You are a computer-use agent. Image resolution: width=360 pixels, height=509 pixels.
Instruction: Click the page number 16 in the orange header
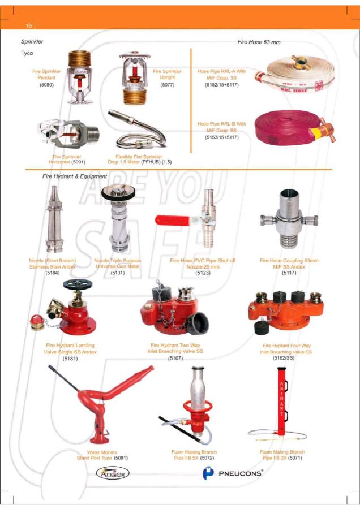coord(29,25)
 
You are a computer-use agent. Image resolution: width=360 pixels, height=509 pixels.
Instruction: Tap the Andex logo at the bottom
coord(113,473)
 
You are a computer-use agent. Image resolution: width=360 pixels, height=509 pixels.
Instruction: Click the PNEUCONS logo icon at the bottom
coord(208,473)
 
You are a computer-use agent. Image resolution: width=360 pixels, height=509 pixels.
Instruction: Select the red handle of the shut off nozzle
coord(173,221)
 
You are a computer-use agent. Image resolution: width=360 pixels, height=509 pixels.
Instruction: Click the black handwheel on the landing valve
coord(78,284)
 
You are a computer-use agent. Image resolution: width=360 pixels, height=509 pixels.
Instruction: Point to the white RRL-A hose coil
coord(295,74)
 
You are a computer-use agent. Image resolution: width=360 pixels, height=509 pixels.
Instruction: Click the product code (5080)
coord(46,85)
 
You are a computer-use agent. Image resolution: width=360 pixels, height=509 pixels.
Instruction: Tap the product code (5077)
coord(168,85)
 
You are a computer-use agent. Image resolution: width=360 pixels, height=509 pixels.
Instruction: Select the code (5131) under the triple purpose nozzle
coord(117,273)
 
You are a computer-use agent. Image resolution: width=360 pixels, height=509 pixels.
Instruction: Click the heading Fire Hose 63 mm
coord(259,42)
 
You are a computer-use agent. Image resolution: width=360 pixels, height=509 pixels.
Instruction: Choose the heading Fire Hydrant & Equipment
coord(74,176)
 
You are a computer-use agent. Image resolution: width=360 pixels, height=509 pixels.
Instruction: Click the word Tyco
coord(27,53)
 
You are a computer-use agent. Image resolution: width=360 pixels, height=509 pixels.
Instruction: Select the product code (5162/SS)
coord(284,358)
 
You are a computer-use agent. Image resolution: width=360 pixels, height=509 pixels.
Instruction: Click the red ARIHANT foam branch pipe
coord(281,401)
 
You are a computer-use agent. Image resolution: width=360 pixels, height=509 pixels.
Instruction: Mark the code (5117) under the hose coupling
coord(289,273)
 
